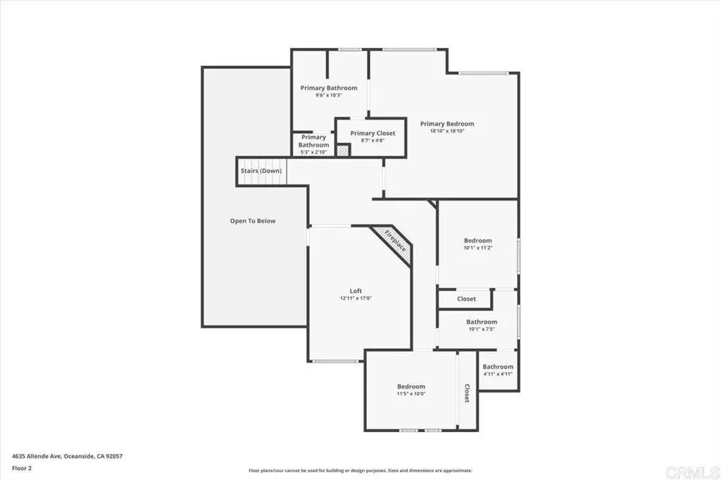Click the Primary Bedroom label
coord(447,124)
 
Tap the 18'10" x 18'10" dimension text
coord(447,131)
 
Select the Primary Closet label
coord(373,133)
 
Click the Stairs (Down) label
coord(261,171)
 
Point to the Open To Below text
coord(253,221)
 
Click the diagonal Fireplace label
coord(395,241)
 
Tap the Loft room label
coord(356,291)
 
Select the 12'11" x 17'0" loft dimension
coord(356,298)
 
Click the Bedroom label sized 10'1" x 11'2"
coord(478,241)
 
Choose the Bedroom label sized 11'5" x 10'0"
coord(411,386)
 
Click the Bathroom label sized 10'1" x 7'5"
coord(482,322)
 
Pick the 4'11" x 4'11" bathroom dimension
coord(498,374)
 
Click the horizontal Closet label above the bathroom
coord(466,299)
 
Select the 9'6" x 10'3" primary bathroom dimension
coord(329,95)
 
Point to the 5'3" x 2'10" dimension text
coord(313,152)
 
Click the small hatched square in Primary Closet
coord(343,151)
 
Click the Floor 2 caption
coord(22,469)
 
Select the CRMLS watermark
coord(692,472)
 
